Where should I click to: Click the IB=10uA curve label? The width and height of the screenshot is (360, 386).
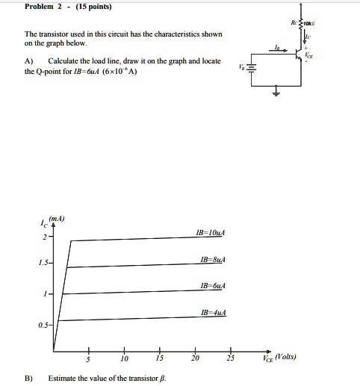pyautogui.click(x=209, y=234)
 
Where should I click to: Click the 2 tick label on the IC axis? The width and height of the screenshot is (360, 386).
pyautogui.click(x=44, y=238)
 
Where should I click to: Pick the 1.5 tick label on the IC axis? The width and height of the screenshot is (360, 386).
pyautogui.click(x=43, y=264)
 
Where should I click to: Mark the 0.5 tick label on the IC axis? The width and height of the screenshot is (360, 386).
pyautogui.click(x=43, y=325)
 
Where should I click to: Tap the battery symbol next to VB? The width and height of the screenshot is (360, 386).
pyautogui.click(x=252, y=68)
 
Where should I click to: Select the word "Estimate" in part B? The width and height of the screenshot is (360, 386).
pyautogui.click(x=63, y=379)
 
